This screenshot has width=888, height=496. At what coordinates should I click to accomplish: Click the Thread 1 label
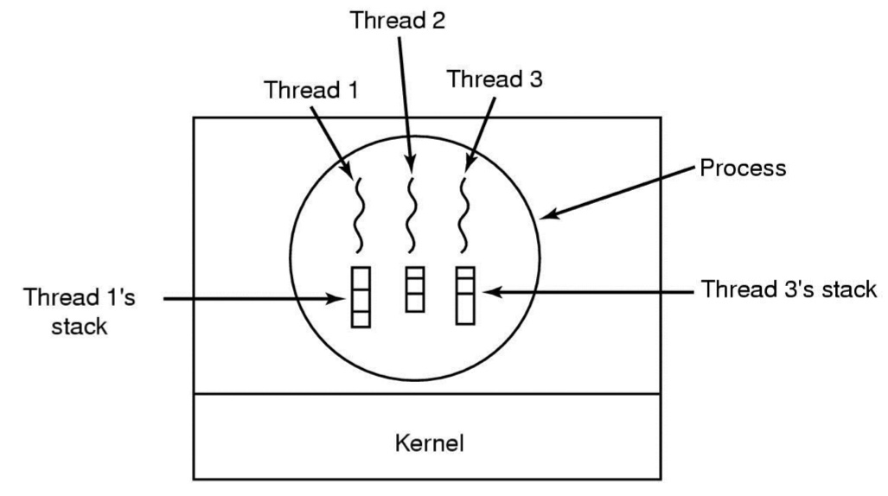pyautogui.click(x=311, y=90)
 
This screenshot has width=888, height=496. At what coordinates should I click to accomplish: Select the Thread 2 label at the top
pyautogui.click(x=398, y=21)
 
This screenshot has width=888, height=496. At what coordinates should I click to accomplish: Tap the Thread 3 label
pyautogui.click(x=495, y=79)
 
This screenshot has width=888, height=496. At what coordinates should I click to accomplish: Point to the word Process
pyautogui.click(x=743, y=169)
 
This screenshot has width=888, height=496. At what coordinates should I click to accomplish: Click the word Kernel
pyautogui.click(x=429, y=442)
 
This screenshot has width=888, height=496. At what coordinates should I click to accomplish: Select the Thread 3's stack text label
pyautogui.click(x=789, y=289)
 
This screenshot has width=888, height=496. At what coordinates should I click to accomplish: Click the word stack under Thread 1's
pyautogui.click(x=80, y=326)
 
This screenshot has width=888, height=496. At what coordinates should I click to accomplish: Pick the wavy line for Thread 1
pyautogui.click(x=359, y=215)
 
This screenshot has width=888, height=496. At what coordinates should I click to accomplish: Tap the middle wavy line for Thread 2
pyautogui.click(x=411, y=215)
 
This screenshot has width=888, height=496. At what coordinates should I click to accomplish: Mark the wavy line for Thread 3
pyautogui.click(x=463, y=215)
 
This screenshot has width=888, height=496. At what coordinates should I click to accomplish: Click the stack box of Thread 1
pyautogui.click(x=361, y=297)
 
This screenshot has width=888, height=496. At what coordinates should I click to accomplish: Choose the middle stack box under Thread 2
pyautogui.click(x=415, y=289)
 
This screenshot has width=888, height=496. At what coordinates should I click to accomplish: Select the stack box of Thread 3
pyautogui.click(x=465, y=296)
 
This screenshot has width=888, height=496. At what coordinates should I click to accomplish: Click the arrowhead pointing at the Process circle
pyautogui.click(x=549, y=214)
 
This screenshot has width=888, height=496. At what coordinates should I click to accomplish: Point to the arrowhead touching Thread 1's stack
pyautogui.click(x=337, y=298)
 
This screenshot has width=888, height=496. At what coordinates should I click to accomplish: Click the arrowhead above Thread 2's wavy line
pyautogui.click(x=411, y=163)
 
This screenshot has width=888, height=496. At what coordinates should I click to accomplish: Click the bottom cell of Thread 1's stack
pyautogui.click(x=361, y=319)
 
